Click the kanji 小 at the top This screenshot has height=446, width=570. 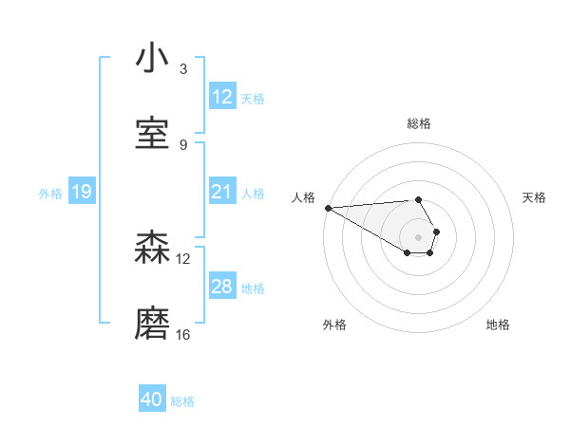pos(152,60)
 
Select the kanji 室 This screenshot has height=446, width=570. pos(152,134)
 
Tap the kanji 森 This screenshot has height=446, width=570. pos(152,249)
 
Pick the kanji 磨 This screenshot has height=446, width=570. pos(152,324)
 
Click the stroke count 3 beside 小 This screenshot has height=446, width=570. pos(183,69)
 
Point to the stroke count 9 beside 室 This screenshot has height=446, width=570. pos(183,144)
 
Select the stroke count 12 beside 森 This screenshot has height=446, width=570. pos(183,258)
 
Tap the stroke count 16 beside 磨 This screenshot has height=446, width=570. pos(183,334)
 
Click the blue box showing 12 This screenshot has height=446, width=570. pos(221,97)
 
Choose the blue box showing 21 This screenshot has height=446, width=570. pos(221,192)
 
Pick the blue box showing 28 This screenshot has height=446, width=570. pos(221,287)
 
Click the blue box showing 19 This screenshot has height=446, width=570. pos(81,193)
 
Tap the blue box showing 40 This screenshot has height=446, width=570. pos(152,400)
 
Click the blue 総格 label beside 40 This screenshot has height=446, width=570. pos(182,401)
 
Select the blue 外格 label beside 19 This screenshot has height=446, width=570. pos(50,194)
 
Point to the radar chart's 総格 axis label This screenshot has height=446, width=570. pos(419,123)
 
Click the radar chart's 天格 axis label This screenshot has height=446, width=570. pos(535,197)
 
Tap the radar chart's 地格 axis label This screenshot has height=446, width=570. pos(498,325)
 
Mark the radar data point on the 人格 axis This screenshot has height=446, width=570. pos(328,208)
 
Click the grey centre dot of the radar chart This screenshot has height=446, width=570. pos(419,235)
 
